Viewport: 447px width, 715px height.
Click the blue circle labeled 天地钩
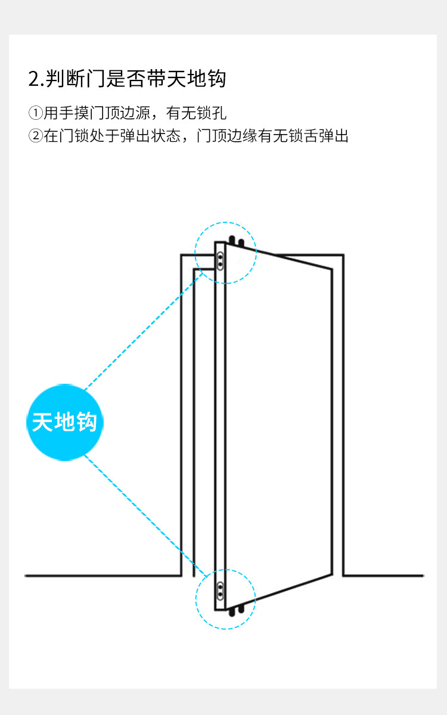(65, 422)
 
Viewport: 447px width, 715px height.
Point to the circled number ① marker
(36, 113)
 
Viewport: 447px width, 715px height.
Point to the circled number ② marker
(36, 136)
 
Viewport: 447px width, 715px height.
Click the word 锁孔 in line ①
(214, 113)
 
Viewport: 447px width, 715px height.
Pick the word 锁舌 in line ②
(303, 136)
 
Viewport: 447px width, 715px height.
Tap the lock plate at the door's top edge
(221, 260)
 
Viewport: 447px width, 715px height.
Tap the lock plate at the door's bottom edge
(221, 590)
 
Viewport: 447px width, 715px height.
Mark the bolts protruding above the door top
(237, 241)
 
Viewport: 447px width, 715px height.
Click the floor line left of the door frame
(101, 576)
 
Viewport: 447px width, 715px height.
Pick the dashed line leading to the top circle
(143, 334)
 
